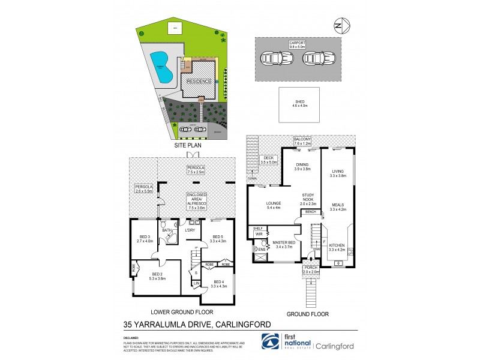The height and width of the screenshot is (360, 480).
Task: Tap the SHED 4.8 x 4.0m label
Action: coord(299,103)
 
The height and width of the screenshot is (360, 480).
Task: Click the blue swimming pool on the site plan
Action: coord(160,66)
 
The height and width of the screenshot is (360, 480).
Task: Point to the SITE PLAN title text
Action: coord(188,145)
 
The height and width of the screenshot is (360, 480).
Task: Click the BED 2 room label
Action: coord(152,275)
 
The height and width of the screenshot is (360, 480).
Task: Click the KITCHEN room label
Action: coord(337,246)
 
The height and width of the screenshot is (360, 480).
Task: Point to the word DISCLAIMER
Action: coord(131,337)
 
